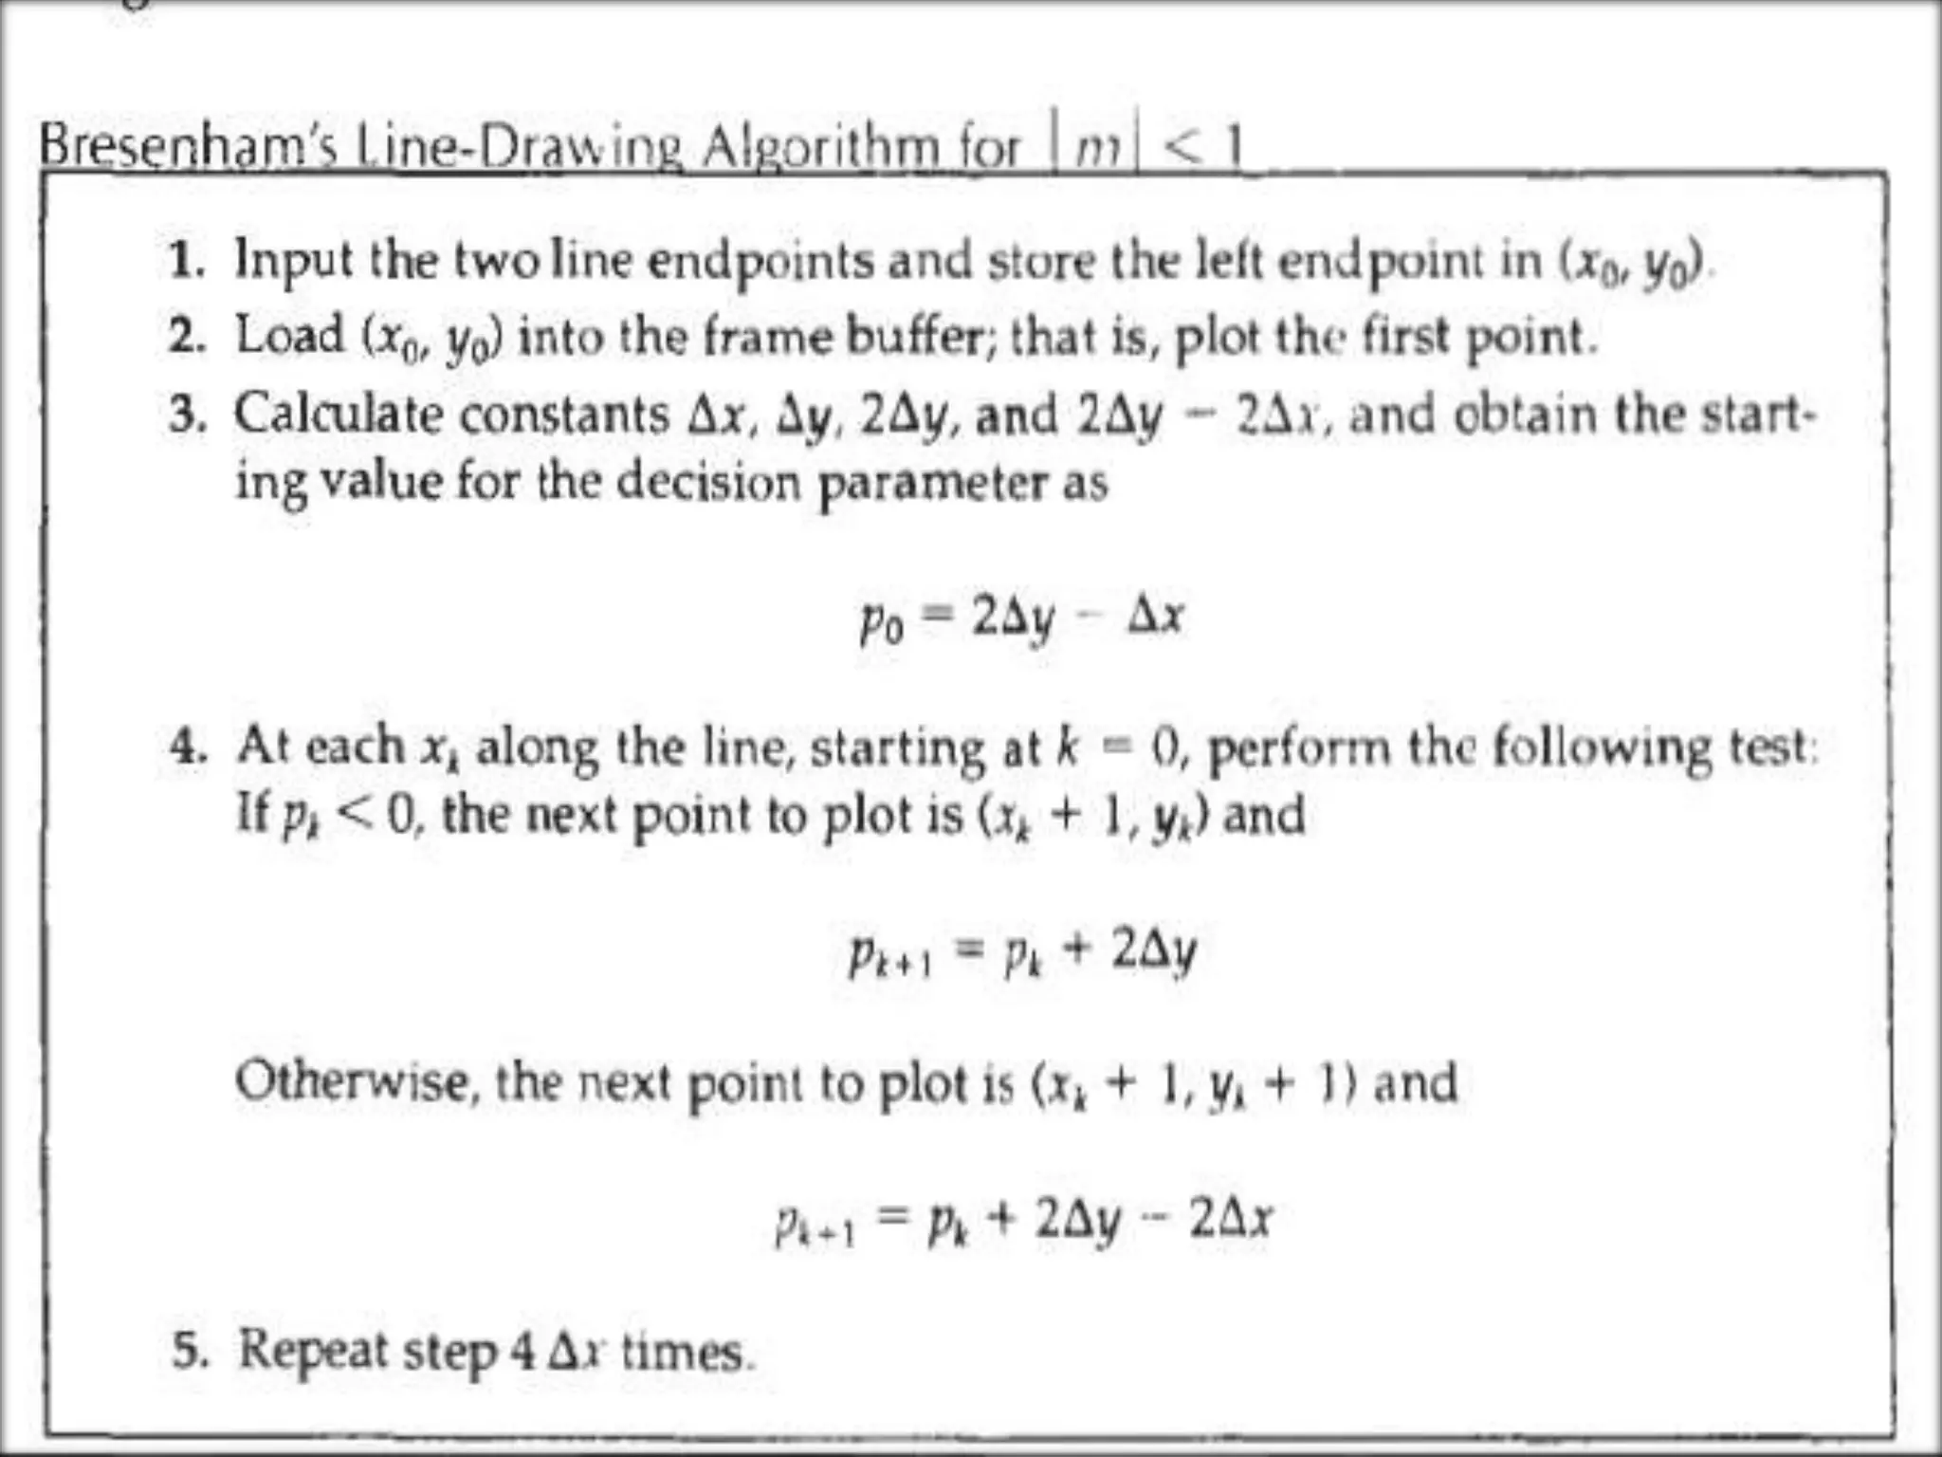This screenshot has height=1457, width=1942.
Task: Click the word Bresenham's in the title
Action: (188, 147)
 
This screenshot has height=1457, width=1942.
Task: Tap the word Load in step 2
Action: (289, 336)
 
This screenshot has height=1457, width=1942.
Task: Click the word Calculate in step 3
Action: (339, 415)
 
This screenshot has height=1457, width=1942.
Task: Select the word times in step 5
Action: (683, 1352)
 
